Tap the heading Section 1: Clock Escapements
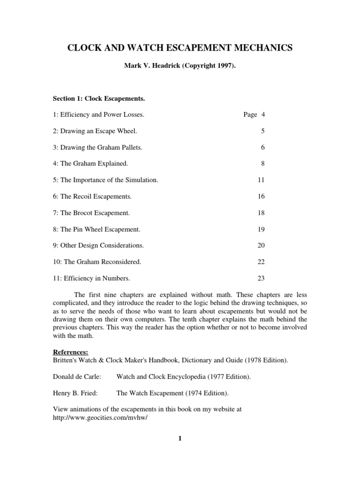click(x=98, y=98)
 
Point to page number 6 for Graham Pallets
click(x=263, y=147)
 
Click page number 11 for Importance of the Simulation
click(x=261, y=180)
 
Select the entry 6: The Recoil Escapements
click(x=92, y=196)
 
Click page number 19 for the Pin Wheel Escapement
click(x=261, y=229)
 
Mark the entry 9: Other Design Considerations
click(x=98, y=246)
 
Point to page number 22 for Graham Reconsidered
click(x=261, y=262)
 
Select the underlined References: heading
click(x=70, y=352)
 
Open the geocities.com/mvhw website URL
click(x=100, y=417)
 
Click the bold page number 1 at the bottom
click(x=180, y=438)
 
